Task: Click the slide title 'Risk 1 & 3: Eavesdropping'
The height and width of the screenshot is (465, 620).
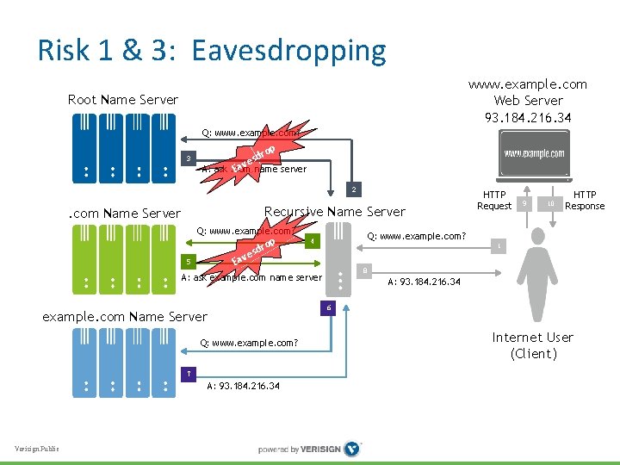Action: point(212,51)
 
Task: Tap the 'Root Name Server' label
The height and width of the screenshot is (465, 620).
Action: point(123,100)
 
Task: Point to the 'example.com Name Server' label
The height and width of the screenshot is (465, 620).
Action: point(125,317)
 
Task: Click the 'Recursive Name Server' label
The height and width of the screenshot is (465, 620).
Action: point(334,211)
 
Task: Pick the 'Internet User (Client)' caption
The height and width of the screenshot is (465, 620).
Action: point(532,345)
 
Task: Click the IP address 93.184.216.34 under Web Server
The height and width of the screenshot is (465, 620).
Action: point(527,116)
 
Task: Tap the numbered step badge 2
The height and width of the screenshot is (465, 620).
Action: point(351,189)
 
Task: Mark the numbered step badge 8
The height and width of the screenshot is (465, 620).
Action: point(364,270)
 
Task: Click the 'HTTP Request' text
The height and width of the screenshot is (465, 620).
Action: point(494,200)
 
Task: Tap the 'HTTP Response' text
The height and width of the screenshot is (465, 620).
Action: point(585,200)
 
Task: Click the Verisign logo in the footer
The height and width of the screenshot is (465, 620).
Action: point(351,449)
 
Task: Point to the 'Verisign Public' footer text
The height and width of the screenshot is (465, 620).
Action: point(37,449)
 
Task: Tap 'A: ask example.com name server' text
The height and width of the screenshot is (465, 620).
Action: point(251,277)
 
